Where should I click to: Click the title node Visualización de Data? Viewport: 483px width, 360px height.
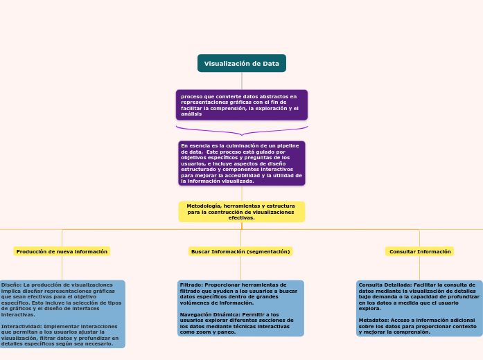point(241,64)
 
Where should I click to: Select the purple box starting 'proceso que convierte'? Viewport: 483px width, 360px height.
point(241,105)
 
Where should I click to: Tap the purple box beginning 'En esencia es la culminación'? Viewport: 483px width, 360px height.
point(241,163)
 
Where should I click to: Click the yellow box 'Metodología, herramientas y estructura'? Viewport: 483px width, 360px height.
point(241,212)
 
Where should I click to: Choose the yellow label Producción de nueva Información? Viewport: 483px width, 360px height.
point(62,251)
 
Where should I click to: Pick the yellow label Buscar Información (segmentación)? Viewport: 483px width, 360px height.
point(240,251)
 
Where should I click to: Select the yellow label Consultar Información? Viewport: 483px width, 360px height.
point(420,251)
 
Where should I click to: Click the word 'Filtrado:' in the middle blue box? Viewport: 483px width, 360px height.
point(191,285)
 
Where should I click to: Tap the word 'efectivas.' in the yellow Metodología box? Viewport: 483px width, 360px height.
point(241,217)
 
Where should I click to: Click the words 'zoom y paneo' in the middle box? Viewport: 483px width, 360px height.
point(215,332)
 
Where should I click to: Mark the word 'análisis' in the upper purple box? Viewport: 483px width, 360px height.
point(191,114)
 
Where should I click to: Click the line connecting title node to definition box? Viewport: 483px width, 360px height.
point(242,80)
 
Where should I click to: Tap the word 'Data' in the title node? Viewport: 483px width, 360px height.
point(271,64)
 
